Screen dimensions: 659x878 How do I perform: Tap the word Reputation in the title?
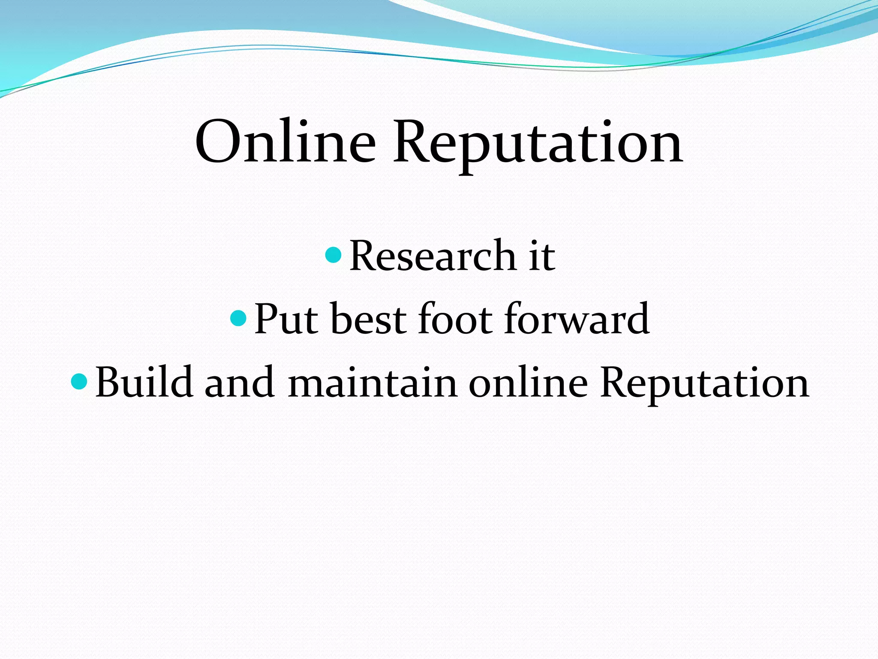coord(538,144)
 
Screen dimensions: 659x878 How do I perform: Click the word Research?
coord(432,256)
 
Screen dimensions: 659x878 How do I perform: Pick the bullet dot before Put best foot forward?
coord(238,318)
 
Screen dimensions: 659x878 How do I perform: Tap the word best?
coord(368,319)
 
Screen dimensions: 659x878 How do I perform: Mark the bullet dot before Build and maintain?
coord(79,381)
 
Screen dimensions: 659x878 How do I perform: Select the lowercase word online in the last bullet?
coord(528,381)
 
